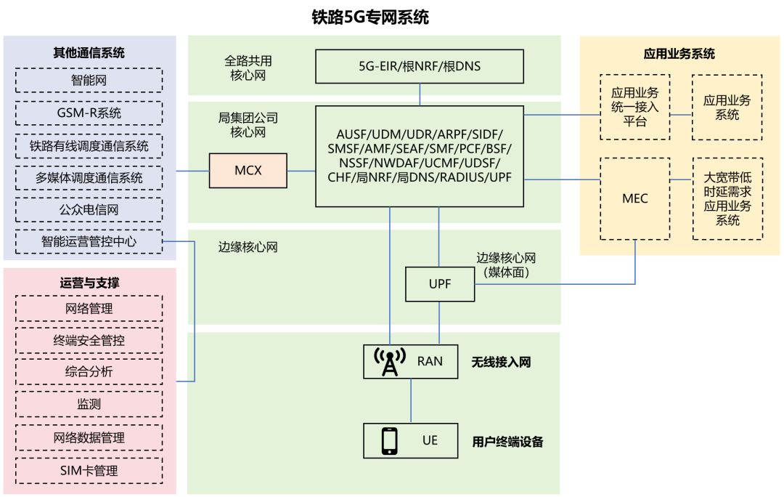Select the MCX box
pyautogui.click(x=248, y=171)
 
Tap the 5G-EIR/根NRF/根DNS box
pyautogui.click(x=420, y=66)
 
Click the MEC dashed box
pyautogui.click(x=635, y=198)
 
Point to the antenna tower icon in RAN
pyautogui.click(x=390, y=361)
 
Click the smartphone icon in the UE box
pyautogui.click(x=390, y=440)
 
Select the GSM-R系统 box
pyautogui.click(x=89, y=113)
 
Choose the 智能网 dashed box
pyautogui.click(x=89, y=80)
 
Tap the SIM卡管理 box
pyautogui.click(x=89, y=470)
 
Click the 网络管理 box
pyautogui.click(x=89, y=309)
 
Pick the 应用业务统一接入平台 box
pyautogui.click(x=635, y=107)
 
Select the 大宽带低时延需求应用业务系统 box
pyautogui.click(x=727, y=198)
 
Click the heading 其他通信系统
pyautogui.click(x=89, y=53)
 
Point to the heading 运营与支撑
pyautogui.click(x=89, y=283)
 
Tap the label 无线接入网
pyautogui.click(x=501, y=362)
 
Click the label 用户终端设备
pyautogui.click(x=507, y=441)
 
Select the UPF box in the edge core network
pyautogui.click(x=439, y=284)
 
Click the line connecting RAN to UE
pyautogui.click(x=411, y=401)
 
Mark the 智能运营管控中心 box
pyautogui.click(x=89, y=241)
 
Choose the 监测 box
pyautogui.click(x=89, y=404)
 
